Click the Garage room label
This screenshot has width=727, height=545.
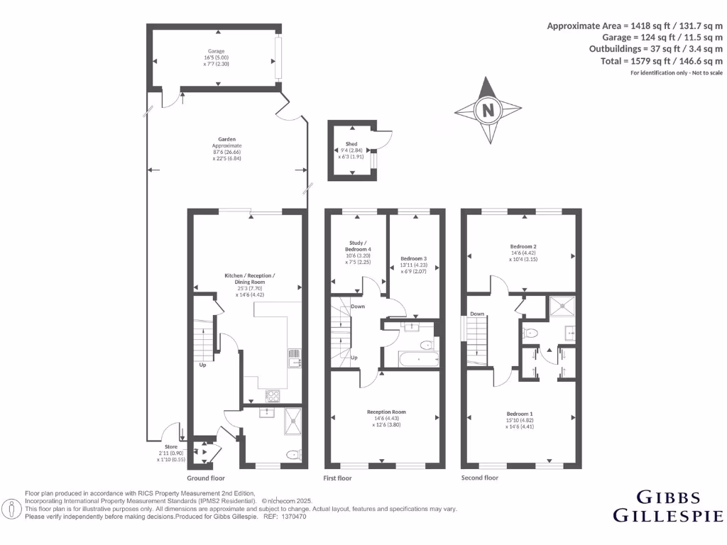point(216,51)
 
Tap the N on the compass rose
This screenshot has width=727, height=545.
point(488,110)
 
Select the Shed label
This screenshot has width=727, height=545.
point(351,144)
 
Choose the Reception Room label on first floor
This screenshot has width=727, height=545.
point(386,412)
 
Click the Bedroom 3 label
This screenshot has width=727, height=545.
point(413,258)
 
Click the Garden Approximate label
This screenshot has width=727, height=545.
point(227,140)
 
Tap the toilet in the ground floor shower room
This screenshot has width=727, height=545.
point(293,454)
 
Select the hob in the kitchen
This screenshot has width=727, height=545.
point(273,396)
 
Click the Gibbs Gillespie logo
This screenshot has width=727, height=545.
point(667,506)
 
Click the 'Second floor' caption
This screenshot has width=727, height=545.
point(479,478)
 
